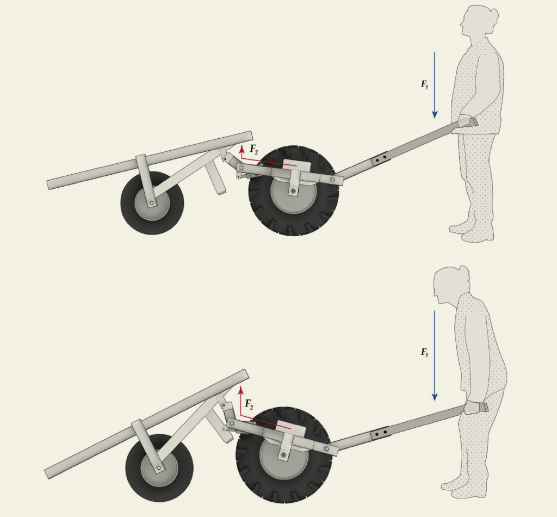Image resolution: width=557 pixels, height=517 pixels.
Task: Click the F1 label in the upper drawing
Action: pos(424,84)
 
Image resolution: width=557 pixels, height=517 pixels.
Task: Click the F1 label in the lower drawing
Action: pos(424,352)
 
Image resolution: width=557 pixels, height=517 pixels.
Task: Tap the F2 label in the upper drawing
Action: pos(253,149)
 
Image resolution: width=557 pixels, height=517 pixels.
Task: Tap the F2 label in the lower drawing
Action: pos(249,404)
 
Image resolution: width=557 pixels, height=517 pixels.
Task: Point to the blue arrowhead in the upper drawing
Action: pos(435,114)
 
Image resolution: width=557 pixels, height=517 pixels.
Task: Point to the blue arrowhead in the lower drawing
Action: pos(435,397)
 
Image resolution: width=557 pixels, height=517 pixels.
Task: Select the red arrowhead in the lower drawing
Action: pos(241,391)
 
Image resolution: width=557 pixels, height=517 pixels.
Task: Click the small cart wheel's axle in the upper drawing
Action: pos(152,203)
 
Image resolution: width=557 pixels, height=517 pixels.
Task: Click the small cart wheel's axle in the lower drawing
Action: pos(158,469)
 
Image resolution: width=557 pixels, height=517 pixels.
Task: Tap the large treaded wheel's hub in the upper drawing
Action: pos(293,191)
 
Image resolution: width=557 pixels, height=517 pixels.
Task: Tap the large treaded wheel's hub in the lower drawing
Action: pos(283,455)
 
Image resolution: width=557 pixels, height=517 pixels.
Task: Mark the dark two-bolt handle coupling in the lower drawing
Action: pos(380,433)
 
